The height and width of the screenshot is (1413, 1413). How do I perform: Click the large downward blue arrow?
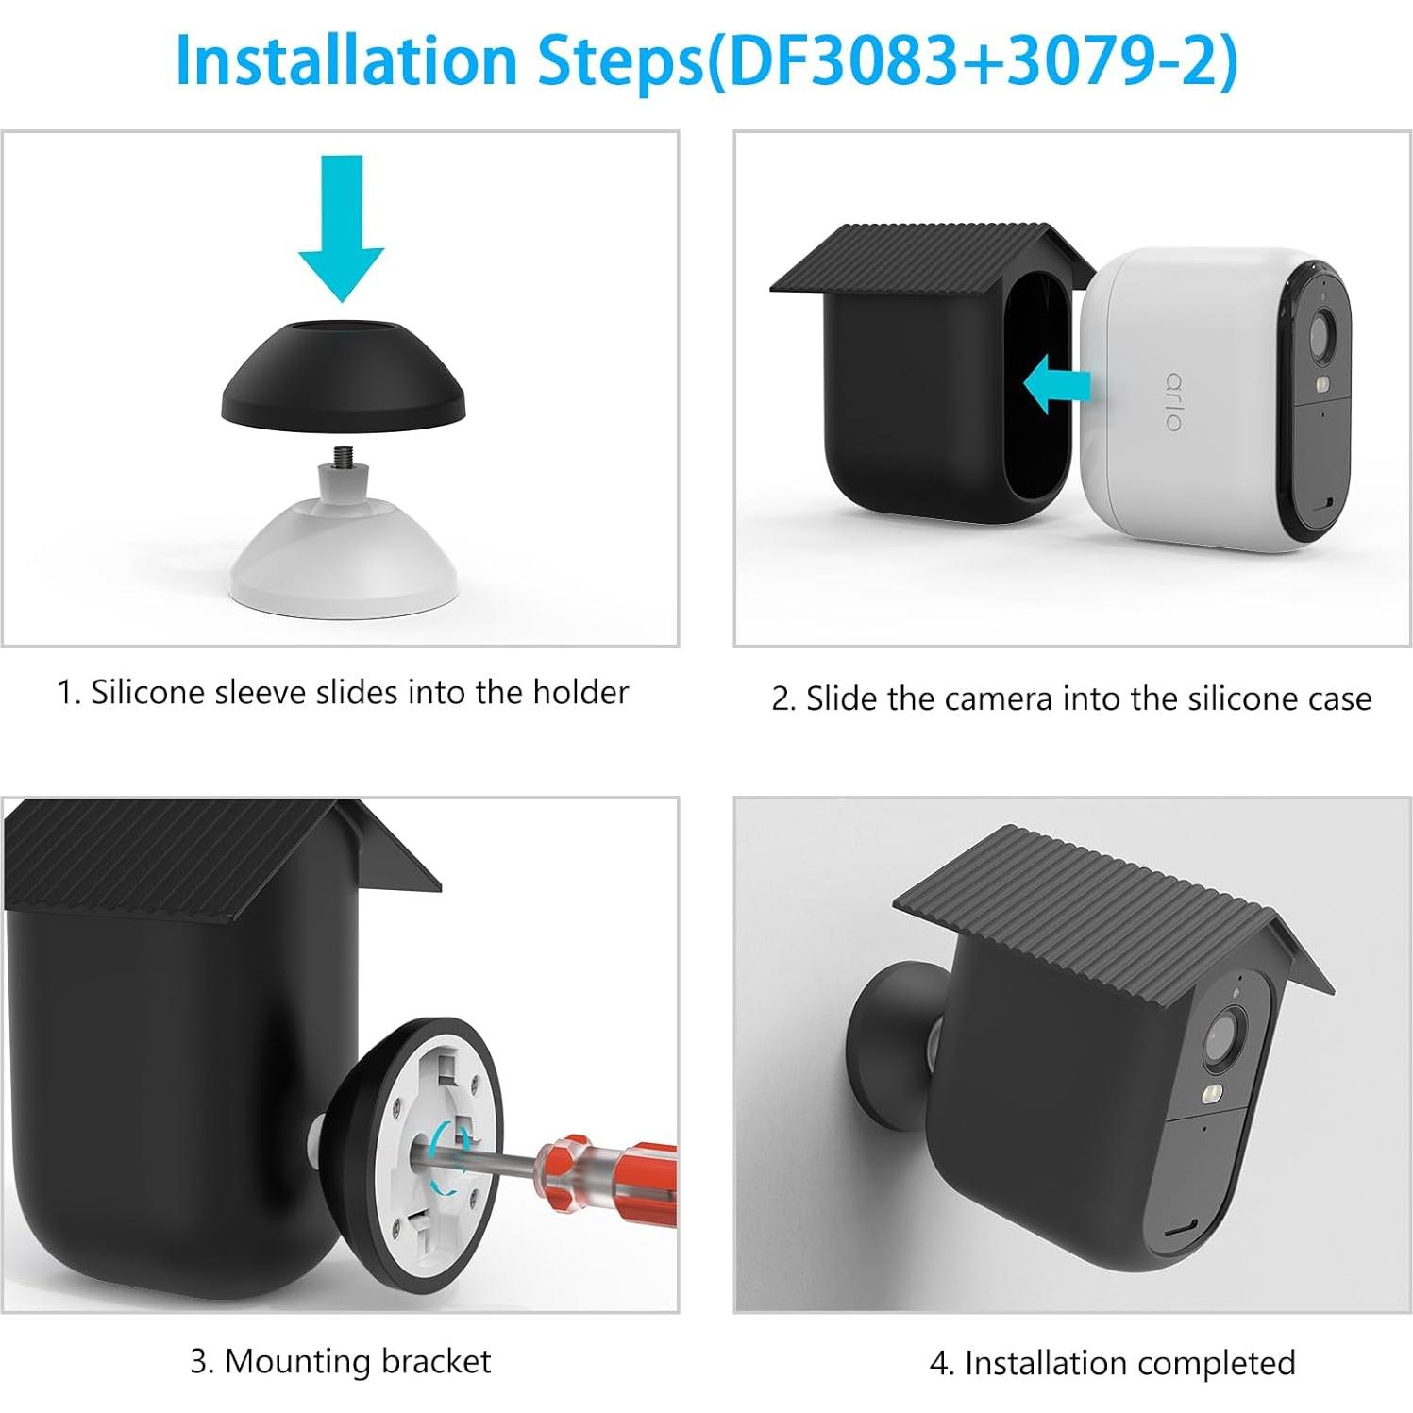[x=342, y=227]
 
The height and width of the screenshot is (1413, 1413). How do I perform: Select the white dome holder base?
[x=344, y=562]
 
